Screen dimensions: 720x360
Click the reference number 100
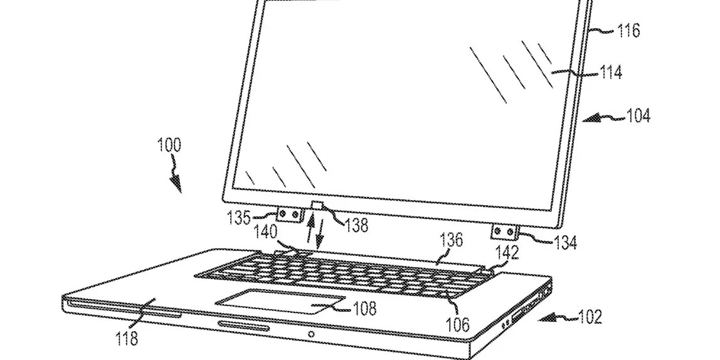coord(169,147)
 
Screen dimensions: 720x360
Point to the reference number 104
coord(638,116)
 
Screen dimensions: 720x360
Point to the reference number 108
coord(364,308)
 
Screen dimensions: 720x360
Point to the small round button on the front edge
coord(312,334)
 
